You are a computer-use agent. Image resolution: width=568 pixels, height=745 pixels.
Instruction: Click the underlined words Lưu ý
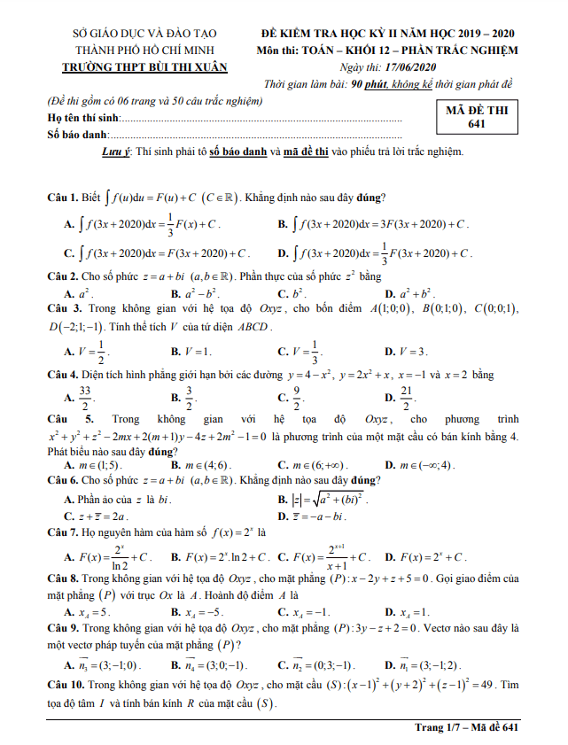tap(118, 151)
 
